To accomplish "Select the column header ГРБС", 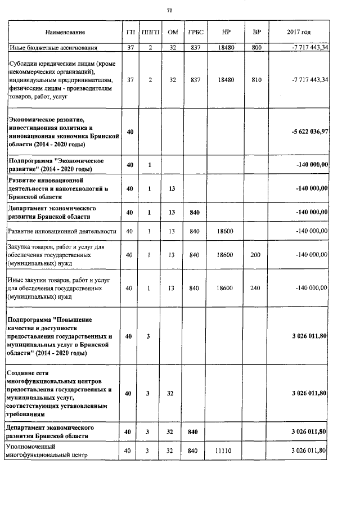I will pos(195,33).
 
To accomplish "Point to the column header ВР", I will pos(256,33).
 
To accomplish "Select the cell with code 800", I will pos(256,48).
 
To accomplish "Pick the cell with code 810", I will pos(256,80).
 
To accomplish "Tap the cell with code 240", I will pos(256,288).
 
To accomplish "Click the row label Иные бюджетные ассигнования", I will pos(53,48).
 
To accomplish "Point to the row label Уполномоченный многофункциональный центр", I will pos(45,451).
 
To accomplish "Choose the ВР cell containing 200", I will pos(256,255).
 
